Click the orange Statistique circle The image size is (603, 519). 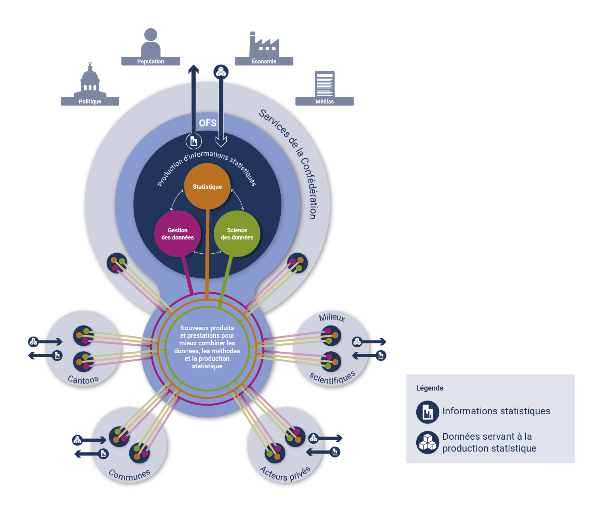207,186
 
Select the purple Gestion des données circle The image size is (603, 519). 177,234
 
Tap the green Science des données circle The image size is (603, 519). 237,234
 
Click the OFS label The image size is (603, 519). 208,123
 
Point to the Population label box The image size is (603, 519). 150,61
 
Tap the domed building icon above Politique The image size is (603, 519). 90,79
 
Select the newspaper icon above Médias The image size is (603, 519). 324,84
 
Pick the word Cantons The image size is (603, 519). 83,380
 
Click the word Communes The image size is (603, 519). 130,475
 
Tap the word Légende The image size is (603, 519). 430,388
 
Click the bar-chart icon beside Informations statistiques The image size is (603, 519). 427,412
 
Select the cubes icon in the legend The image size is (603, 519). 427,442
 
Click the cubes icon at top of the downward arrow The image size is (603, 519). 221,72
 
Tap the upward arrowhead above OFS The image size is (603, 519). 193,69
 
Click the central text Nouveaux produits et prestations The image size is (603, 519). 207,347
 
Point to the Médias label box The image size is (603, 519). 324,102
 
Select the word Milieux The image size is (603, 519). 332,317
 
